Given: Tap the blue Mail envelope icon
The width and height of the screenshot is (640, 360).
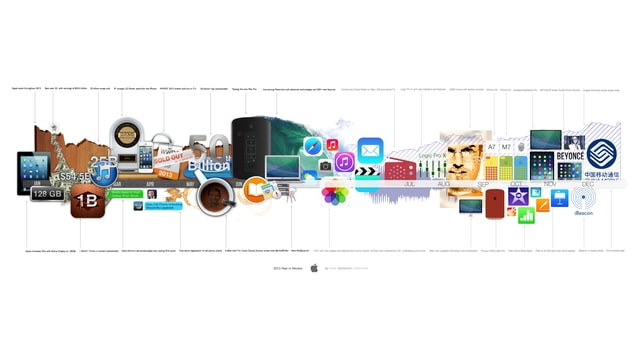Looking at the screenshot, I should tap(371, 150).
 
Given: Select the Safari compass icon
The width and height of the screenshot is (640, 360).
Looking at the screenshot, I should tap(312, 146).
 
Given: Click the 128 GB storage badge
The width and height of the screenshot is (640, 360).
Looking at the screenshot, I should tap(48, 193).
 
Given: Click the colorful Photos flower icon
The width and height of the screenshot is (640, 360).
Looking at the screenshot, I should tap(334, 194).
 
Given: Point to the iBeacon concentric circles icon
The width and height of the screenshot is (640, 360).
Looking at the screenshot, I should tap(584, 197).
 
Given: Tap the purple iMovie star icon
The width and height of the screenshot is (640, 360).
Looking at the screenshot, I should tap(518, 196).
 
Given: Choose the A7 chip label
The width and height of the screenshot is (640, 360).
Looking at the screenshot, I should tap(491, 147).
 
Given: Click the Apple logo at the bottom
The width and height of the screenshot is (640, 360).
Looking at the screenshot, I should tap(313, 268).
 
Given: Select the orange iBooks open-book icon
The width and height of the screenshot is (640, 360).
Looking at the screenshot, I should tap(257, 187).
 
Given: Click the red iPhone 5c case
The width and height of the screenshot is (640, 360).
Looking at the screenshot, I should tap(494, 204).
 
